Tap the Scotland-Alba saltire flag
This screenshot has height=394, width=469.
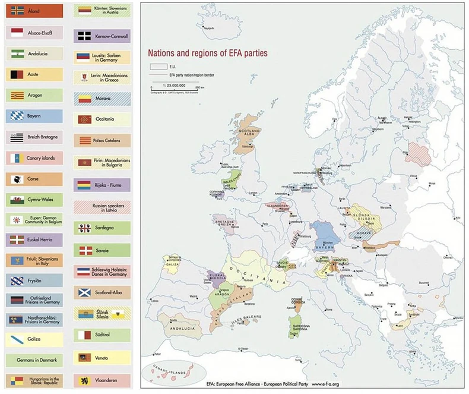(x=84, y=292)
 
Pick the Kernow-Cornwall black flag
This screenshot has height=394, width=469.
(x=84, y=35)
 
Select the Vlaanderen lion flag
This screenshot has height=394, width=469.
(x=84, y=379)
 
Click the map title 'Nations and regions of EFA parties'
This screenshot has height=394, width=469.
(x=207, y=53)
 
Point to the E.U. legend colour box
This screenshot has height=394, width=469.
(x=158, y=67)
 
